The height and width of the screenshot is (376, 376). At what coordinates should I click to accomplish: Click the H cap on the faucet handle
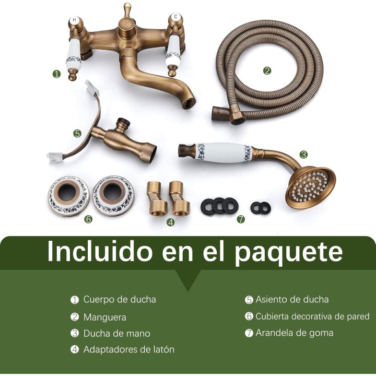coord(75,21)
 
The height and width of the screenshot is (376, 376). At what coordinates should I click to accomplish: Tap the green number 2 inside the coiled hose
coord(267,70)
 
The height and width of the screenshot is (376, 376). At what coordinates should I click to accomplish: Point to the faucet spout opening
coord(189,100)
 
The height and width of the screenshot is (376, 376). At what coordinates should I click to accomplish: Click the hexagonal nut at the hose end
coord(238,118)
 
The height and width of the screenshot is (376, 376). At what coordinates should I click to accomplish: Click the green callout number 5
coord(77,133)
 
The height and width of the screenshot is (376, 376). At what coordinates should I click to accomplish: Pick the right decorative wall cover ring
coord(114,195)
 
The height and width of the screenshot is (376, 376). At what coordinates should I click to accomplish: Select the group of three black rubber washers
coord(219,206)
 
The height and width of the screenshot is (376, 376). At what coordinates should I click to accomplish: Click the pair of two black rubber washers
coord(261,208)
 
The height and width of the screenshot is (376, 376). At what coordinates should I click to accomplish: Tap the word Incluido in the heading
coord(100,251)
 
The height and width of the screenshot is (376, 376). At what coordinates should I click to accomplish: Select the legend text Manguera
coord(104,317)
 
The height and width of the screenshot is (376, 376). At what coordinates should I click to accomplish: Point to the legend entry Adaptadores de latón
coord(129,349)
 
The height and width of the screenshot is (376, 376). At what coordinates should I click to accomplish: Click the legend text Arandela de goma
coord(294,333)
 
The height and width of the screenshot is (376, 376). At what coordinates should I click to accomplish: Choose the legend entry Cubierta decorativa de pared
coord(312,316)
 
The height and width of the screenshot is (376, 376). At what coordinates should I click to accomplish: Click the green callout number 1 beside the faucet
coord(56,74)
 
